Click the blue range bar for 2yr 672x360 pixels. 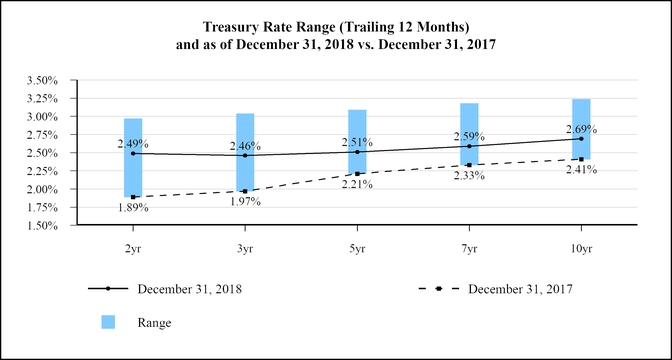click(x=133, y=157)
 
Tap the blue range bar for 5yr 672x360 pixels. click(x=357, y=141)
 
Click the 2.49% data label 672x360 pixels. click(x=133, y=144)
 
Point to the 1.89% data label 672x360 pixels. click(x=133, y=208)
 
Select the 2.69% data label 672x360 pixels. click(x=581, y=129)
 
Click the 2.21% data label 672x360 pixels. click(x=357, y=184)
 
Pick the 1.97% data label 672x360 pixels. click(x=245, y=201)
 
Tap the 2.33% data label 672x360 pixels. click(x=469, y=175)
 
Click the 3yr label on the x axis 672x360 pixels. click(x=245, y=243)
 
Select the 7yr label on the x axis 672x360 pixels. click(x=469, y=243)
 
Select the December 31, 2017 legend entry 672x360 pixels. click(x=520, y=289)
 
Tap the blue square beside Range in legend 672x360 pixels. click(x=108, y=322)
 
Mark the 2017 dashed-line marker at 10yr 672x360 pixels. click(x=581, y=159)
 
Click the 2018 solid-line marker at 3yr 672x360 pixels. click(x=245, y=155)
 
